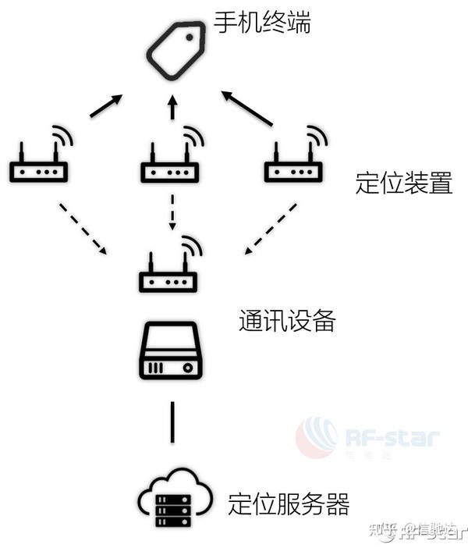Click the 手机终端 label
262,24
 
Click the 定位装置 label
403,184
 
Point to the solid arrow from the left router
106,106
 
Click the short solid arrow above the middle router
173,108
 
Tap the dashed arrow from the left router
83,228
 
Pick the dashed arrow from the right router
270,229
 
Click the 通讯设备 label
287,321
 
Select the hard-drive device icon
172,352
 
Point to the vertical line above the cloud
172,422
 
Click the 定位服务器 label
289,502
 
